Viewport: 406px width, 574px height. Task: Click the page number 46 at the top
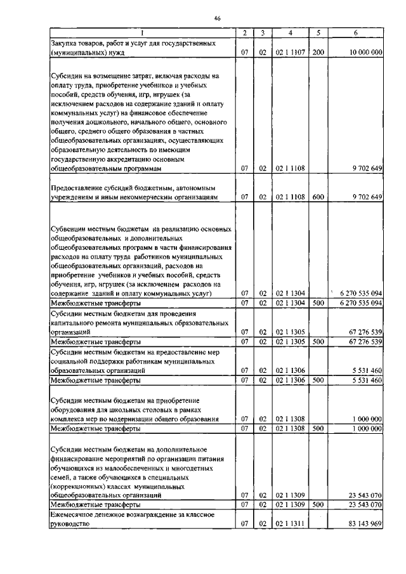click(216, 19)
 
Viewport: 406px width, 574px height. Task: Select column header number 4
click(289, 33)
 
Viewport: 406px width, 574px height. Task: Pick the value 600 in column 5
click(318, 197)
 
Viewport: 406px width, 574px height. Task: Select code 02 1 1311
click(289, 525)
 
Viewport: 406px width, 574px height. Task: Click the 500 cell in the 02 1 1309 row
click(318, 504)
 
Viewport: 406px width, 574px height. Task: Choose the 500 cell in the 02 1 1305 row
click(318, 342)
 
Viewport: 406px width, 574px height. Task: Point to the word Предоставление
click(82, 188)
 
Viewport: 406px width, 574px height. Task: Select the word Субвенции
click(68, 227)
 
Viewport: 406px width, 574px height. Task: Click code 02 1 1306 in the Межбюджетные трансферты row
click(289, 381)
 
